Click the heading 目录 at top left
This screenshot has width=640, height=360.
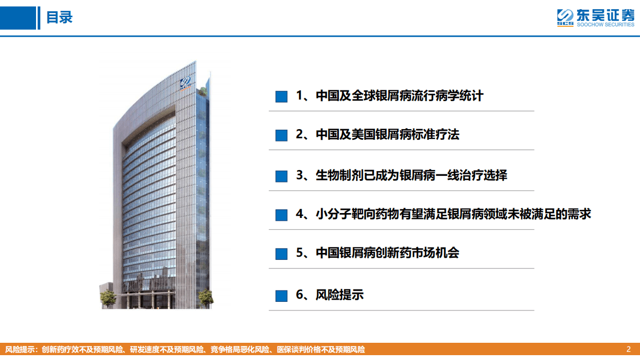point(59,18)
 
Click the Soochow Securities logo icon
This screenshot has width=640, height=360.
point(565,18)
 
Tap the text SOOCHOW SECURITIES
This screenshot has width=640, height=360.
point(605,25)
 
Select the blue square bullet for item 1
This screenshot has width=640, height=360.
point(281,96)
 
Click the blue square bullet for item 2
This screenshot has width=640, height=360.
point(281,135)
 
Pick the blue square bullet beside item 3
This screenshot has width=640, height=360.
point(281,176)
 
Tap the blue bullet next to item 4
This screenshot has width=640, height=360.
point(281,215)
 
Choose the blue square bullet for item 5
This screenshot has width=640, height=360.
point(281,253)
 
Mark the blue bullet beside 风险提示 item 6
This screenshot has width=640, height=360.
point(281,295)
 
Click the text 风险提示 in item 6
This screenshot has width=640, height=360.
point(339,295)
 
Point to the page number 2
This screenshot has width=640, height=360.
point(629,349)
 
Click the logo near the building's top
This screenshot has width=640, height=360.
point(186,83)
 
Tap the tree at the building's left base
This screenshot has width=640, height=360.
point(108,298)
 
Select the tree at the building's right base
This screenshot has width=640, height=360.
point(205,298)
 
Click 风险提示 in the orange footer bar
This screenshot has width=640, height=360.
point(19,349)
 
